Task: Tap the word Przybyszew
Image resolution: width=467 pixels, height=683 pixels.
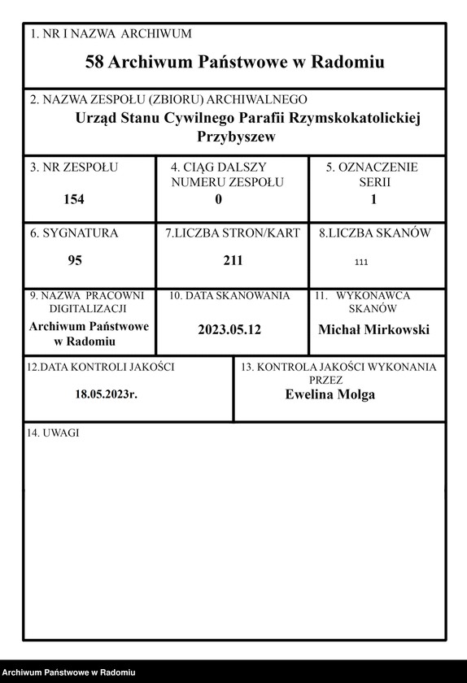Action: (236, 137)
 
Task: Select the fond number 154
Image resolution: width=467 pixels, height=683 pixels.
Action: (74, 199)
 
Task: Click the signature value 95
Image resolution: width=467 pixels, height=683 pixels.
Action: (74, 262)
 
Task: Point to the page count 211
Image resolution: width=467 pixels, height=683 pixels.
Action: (233, 261)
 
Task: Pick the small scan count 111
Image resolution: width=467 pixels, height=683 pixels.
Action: (362, 263)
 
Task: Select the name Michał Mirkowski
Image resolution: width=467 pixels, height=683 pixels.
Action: (373, 329)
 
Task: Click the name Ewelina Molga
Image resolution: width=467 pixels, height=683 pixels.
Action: (330, 394)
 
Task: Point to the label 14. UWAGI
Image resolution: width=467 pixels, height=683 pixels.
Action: (53, 433)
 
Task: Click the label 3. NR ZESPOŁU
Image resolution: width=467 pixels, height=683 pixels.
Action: (74, 167)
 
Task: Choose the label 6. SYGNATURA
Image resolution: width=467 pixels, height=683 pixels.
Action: (74, 233)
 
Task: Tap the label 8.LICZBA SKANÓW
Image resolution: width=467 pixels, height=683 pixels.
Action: (375, 233)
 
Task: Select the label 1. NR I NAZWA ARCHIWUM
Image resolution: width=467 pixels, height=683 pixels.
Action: (111, 34)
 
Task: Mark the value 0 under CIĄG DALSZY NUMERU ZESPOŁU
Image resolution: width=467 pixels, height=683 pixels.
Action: (218, 199)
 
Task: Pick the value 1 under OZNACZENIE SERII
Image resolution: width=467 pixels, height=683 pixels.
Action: (373, 199)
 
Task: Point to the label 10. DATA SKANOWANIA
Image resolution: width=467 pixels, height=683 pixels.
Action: (229, 296)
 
